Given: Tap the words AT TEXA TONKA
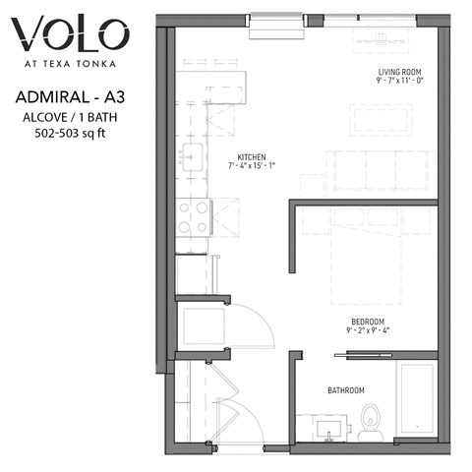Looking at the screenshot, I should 70,66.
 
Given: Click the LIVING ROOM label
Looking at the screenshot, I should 400,72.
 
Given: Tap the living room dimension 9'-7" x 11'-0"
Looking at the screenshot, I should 400,83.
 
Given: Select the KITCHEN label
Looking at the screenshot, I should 252,156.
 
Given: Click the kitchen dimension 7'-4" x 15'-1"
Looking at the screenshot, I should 252,166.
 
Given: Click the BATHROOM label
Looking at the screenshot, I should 346,390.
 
